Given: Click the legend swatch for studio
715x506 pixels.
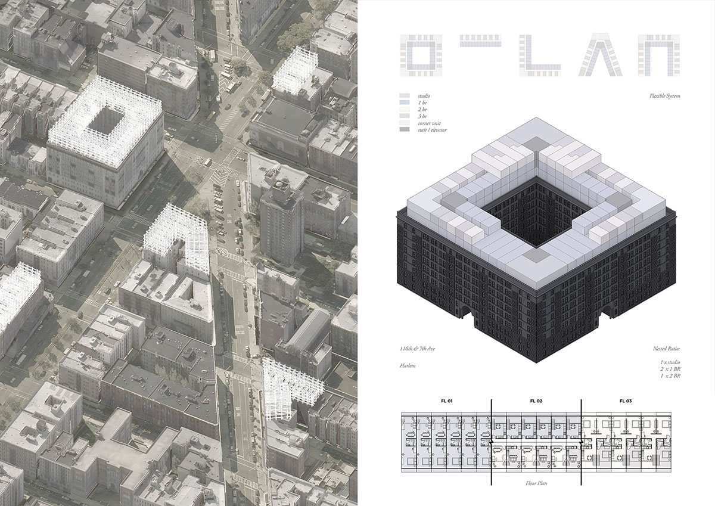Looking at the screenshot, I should click(405, 96).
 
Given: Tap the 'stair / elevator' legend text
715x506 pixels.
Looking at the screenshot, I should click(432, 130).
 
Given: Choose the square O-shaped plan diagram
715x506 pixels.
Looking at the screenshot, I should click(423, 55).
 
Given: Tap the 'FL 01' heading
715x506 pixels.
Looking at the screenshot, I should click(446, 401).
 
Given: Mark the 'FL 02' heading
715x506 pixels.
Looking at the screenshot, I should click(536, 401).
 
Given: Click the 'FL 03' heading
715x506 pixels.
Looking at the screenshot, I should click(625, 401).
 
